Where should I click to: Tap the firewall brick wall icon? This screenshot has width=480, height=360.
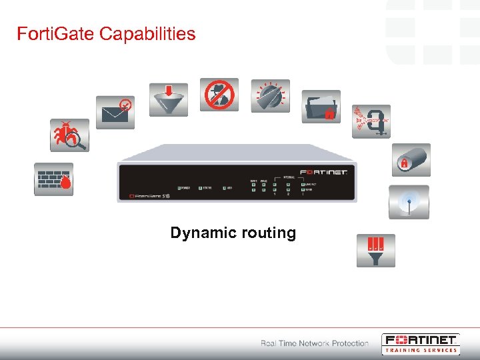pyautogui.click(x=54, y=179)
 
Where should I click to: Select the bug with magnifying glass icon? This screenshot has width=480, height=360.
pyautogui.click(x=70, y=135)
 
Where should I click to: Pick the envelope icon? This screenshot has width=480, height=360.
pyautogui.click(x=115, y=112)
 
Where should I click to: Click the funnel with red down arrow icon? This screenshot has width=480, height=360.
pyautogui.click(x=168, y=99)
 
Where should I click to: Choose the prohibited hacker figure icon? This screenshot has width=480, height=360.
pyautogui.click(x=219, y=95)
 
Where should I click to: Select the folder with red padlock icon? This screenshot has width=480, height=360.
pyautogui.click(x=321, y=107)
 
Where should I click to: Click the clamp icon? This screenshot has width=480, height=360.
pyautogui.click(x=371, y=121)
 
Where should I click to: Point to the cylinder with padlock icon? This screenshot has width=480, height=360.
pyautogui.click(x=410, y=160)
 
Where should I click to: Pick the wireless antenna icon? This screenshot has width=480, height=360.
pyautogui.click(x=409, y=202)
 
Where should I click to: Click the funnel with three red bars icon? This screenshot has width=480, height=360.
pyautogui.click(x=375, y=250)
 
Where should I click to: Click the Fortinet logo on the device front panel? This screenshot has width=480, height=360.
pyautogui.click(x=324, y=172)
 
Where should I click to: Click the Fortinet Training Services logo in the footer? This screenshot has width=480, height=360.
pyautogui.click(x=420, y=343)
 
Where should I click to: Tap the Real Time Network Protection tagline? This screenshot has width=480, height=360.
pyautogui.click(x=315, y=343)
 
